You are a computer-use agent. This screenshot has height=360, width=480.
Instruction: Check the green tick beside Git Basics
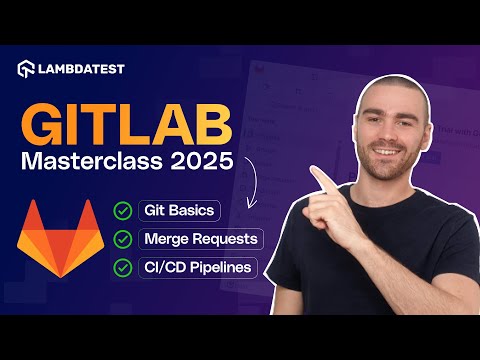[x=124, y=211]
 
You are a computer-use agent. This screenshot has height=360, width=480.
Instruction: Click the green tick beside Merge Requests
[x=124, y=239]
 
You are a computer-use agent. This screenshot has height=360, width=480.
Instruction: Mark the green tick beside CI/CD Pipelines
[x=124, y=268]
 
